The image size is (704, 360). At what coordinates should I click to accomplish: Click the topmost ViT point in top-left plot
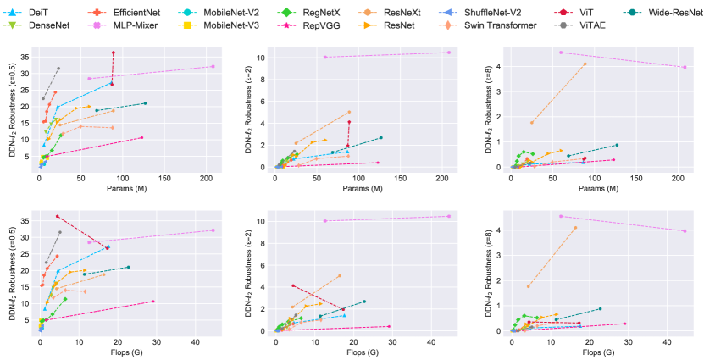coord(113,53)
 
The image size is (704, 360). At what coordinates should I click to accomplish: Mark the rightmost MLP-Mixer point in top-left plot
coord(213,66)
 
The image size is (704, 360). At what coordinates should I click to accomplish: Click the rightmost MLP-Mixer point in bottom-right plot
coord(685,231)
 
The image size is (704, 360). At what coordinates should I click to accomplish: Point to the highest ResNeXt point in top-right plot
coord(585,64)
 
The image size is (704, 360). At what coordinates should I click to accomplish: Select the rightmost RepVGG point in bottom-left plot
coord(152,302)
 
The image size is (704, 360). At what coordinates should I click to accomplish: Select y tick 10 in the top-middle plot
coord(264,58)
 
